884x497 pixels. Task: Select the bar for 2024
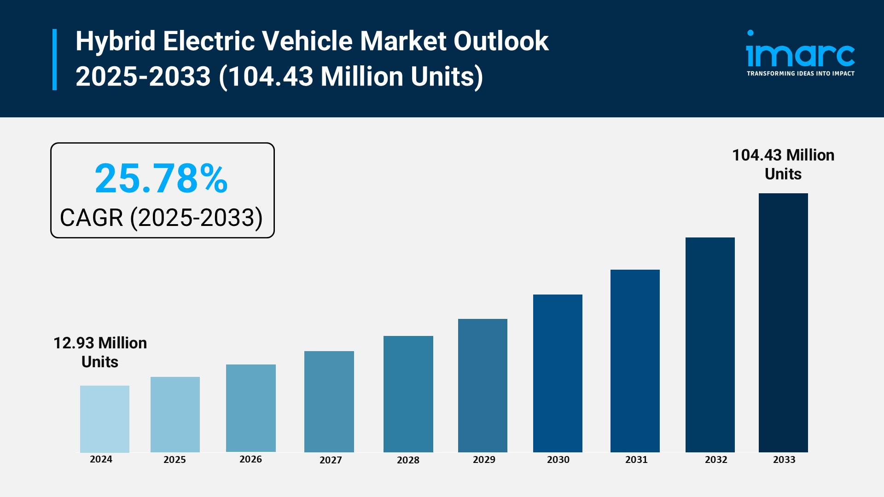[105, 419]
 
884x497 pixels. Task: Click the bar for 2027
[329, 401]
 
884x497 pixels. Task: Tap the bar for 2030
[558, 373]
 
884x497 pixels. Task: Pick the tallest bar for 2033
[783, 323]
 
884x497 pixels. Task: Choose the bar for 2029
[483, 385]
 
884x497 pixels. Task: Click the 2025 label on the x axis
[174, 460]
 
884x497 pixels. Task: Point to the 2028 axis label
[408, 460]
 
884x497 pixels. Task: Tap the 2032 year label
[716, 460]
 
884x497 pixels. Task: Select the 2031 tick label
[636, 460]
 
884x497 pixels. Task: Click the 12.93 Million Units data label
[100, 352]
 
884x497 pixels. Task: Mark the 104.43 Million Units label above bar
[783, 164]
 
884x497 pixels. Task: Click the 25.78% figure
[161, 179]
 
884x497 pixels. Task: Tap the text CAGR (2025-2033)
[161, 218]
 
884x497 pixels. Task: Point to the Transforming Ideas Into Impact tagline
[800, 74]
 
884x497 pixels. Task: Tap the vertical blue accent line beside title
[55, 59]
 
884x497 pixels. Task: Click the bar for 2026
[250, 408]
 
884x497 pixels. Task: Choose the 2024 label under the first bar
[101, 459]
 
